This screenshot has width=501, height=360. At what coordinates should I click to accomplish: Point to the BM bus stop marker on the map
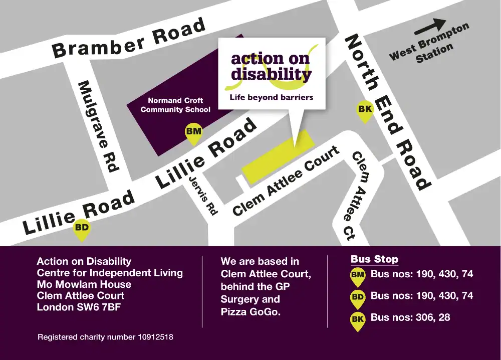pos(193,133)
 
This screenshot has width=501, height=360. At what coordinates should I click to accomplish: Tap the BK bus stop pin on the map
pos(364,111)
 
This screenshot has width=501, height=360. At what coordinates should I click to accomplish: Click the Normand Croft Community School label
pos(175,105)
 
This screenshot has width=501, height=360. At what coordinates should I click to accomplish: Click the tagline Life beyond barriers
pos(271,97)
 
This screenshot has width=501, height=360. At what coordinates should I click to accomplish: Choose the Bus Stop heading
pos(374,259)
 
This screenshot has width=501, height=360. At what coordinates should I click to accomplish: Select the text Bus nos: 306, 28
pos(410,317)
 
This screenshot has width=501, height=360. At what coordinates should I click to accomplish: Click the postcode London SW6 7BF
pos(79,307)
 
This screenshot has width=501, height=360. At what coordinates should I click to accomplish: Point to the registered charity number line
pos(105,337)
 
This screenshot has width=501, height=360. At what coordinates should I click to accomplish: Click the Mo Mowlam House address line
pos(84,284)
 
